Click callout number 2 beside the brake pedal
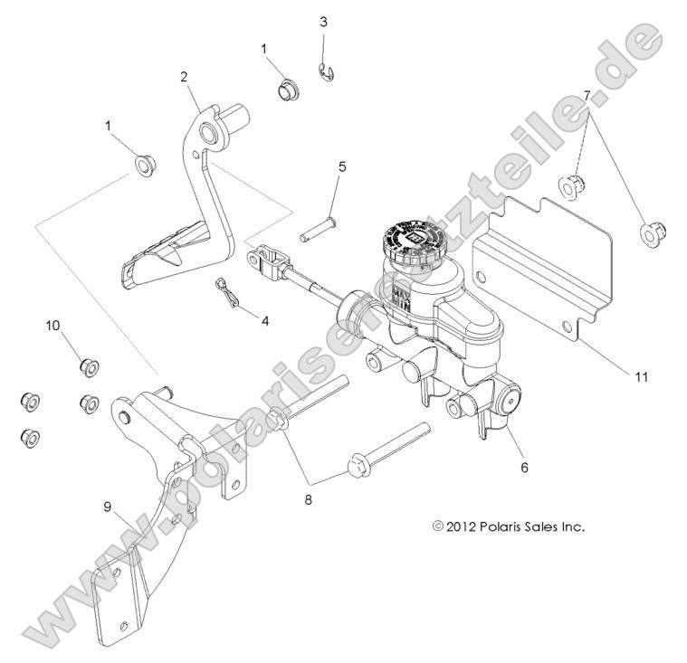coord(184,78)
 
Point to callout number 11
coord(616,377)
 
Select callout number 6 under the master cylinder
coord(524,468)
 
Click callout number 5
coord(342,166)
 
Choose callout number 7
coord(587,94)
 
